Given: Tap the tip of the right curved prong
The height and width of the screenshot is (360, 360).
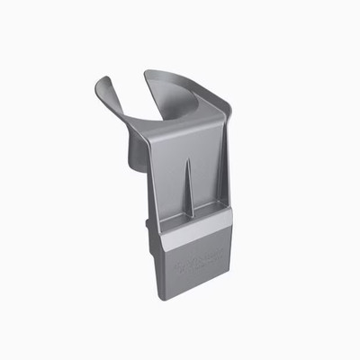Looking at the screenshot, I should point(148,73).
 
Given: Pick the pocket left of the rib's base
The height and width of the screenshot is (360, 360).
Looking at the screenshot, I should point(175,217).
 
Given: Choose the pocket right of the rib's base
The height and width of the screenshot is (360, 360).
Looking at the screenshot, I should point(205,211).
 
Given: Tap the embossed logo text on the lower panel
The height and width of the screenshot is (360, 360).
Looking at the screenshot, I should point(198,264).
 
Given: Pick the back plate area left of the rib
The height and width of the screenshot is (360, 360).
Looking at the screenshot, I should point(169,180).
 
